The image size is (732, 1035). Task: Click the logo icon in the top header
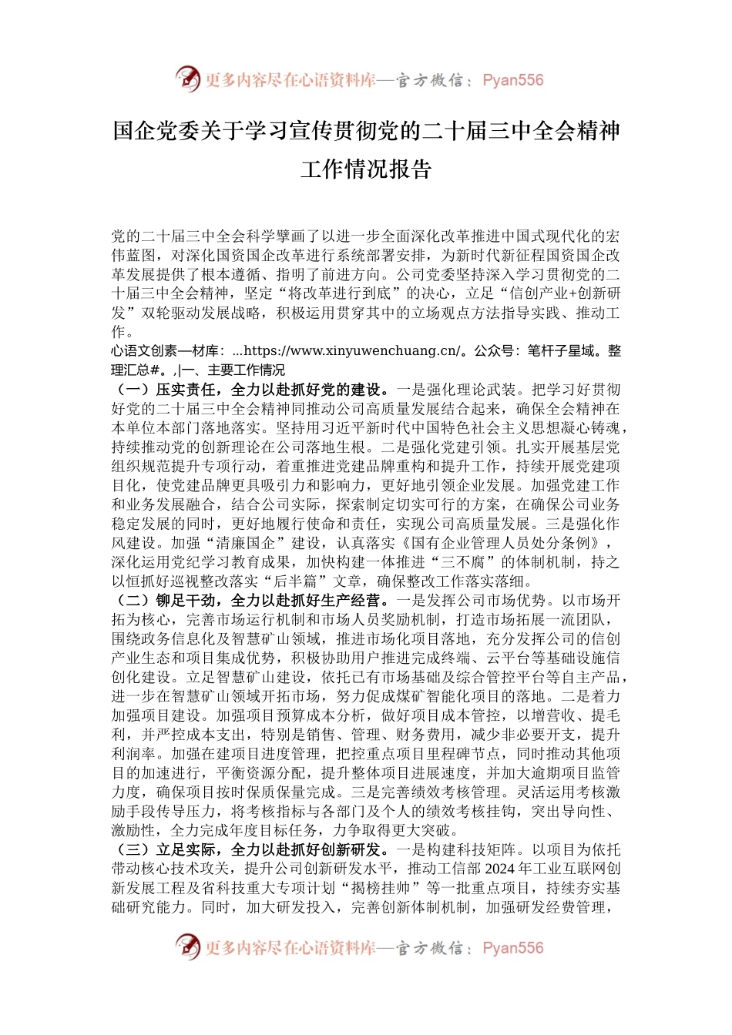187,79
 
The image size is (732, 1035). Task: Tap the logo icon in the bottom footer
187,947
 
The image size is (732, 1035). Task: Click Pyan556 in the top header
513,80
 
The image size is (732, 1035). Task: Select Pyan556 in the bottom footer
513,948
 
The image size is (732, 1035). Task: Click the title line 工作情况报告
366,169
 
